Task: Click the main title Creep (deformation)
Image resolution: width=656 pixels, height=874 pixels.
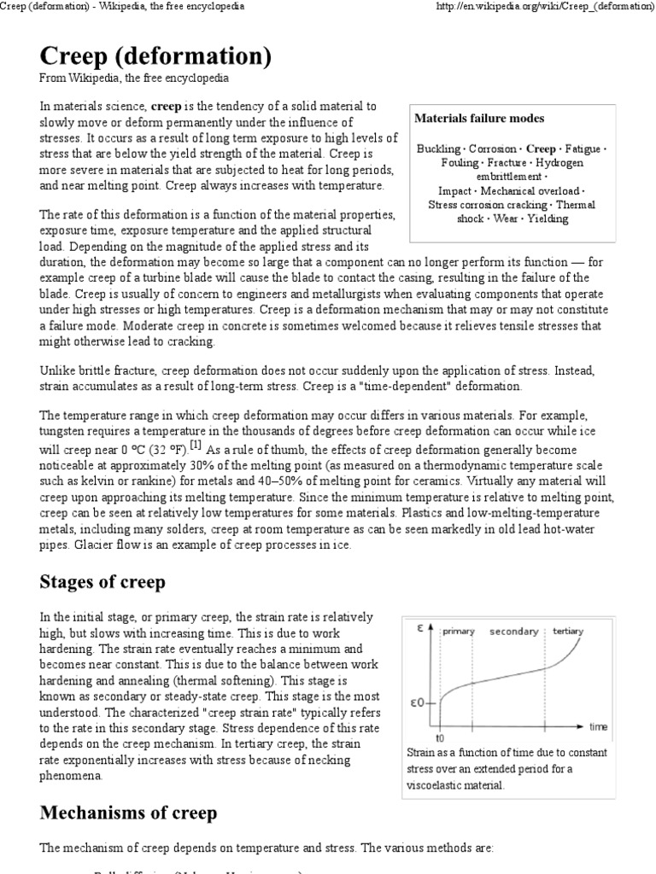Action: tap(155, 57)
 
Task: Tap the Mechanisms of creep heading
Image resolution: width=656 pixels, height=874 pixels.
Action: tap(128, 813)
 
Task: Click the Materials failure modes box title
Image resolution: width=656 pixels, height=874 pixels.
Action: tap(479, 119)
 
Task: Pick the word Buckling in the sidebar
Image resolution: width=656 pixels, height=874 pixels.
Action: tap(438, 149)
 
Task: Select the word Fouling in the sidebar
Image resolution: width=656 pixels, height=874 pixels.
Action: tap(460, 162)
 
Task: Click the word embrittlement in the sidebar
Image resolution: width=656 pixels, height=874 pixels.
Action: tap(509, 177)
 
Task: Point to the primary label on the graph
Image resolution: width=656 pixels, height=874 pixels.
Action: tap(459, 632)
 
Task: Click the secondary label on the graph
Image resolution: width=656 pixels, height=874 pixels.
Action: tap(513, 632)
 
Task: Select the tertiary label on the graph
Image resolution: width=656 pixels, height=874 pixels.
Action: tap(568, 632)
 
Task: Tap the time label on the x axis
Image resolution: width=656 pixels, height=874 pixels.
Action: tap(598, 726)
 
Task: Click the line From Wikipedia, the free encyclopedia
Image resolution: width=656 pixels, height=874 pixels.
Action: tap(134, 79)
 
